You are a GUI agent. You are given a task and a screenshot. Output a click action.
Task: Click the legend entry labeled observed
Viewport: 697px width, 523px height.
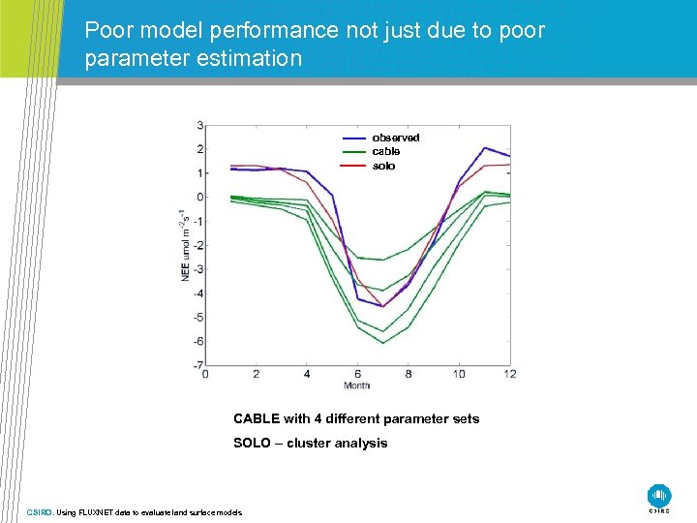pyautogui.click(x=395, y=138)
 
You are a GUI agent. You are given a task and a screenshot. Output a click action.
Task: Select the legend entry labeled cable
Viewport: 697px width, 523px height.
pyautogui.click(x=385, y=151)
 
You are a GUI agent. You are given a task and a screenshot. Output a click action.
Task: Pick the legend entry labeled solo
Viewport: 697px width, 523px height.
pyautogui.click(x=383, y=166)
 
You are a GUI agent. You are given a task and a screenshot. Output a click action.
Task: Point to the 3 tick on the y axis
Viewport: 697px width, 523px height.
pyautogui.click(x=199, y=125)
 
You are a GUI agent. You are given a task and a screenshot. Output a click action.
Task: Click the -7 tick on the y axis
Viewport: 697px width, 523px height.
pyautogui.click(x=197, y=365)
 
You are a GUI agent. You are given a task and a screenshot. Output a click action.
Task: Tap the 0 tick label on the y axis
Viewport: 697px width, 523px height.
pyautogui.click(x=199, y=198)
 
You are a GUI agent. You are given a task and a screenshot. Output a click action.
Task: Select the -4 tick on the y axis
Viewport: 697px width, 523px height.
pyautogui.click(x=197, y=293)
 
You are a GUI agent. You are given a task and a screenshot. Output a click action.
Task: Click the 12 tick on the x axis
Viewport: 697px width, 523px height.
pyautogui.click(x=509, y=375)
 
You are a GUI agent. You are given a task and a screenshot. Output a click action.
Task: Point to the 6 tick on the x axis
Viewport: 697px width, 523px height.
pyautogui.click(x=357, y=375)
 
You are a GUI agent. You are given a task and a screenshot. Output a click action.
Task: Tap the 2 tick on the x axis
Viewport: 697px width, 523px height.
pyautogui.click(x=256, y=375)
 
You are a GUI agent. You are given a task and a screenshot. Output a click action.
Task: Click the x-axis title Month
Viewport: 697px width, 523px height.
pyautogui.click(x=356, y=385)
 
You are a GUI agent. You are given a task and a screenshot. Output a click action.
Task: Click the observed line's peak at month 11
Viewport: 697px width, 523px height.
pyautogui.click(x=484, y=148)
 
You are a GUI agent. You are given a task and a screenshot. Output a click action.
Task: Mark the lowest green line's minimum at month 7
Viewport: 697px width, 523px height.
pyautogui.click(x=383, y=343)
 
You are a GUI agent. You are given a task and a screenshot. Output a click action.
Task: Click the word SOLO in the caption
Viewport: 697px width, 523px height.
pyautogui.click(x=252, y=443)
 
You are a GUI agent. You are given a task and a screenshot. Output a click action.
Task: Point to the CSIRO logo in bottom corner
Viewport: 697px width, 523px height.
pyautogui.click(x=659, y=496)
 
